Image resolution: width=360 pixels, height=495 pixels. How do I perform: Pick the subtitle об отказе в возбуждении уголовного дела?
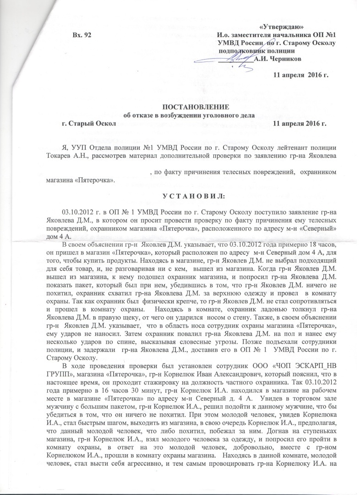tap(189, 115)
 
